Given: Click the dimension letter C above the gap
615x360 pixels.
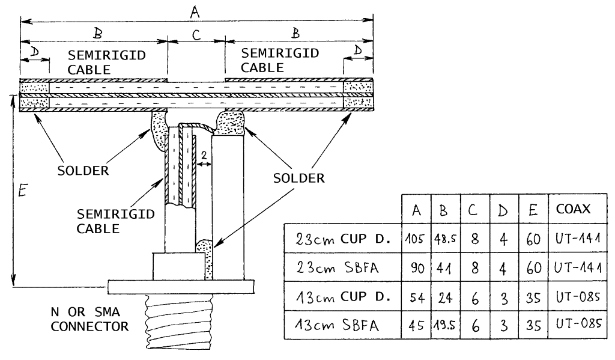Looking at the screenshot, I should (196, 35).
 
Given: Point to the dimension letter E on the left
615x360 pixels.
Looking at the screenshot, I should (22, 192).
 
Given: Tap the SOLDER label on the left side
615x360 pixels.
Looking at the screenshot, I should (83, 170).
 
